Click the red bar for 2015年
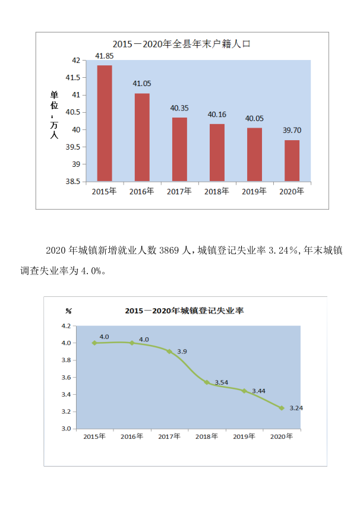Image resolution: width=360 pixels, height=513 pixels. click(105, 123)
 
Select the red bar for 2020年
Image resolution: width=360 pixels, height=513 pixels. click(292, 160)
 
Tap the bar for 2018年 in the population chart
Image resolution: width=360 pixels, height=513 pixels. click(217, 152)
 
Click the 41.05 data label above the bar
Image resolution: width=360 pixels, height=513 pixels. click(141, 84)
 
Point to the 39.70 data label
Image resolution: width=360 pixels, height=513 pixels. click(292, 131)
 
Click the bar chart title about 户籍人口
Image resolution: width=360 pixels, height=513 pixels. click(182, 44)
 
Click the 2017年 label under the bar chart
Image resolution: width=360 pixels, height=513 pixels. click(179, 191)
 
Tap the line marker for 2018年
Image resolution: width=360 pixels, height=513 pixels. click(206, 382)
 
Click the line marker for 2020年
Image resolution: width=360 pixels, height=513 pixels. click(282, 408)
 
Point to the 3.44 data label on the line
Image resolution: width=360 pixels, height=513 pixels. click(259, 391)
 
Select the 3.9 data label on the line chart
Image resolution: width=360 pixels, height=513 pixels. click(182, 351)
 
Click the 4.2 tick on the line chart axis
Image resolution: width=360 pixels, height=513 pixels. click(65, 326)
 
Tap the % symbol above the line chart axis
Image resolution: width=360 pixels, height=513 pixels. click(68, 311)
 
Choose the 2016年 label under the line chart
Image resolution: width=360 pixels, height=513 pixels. click(131, 436)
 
